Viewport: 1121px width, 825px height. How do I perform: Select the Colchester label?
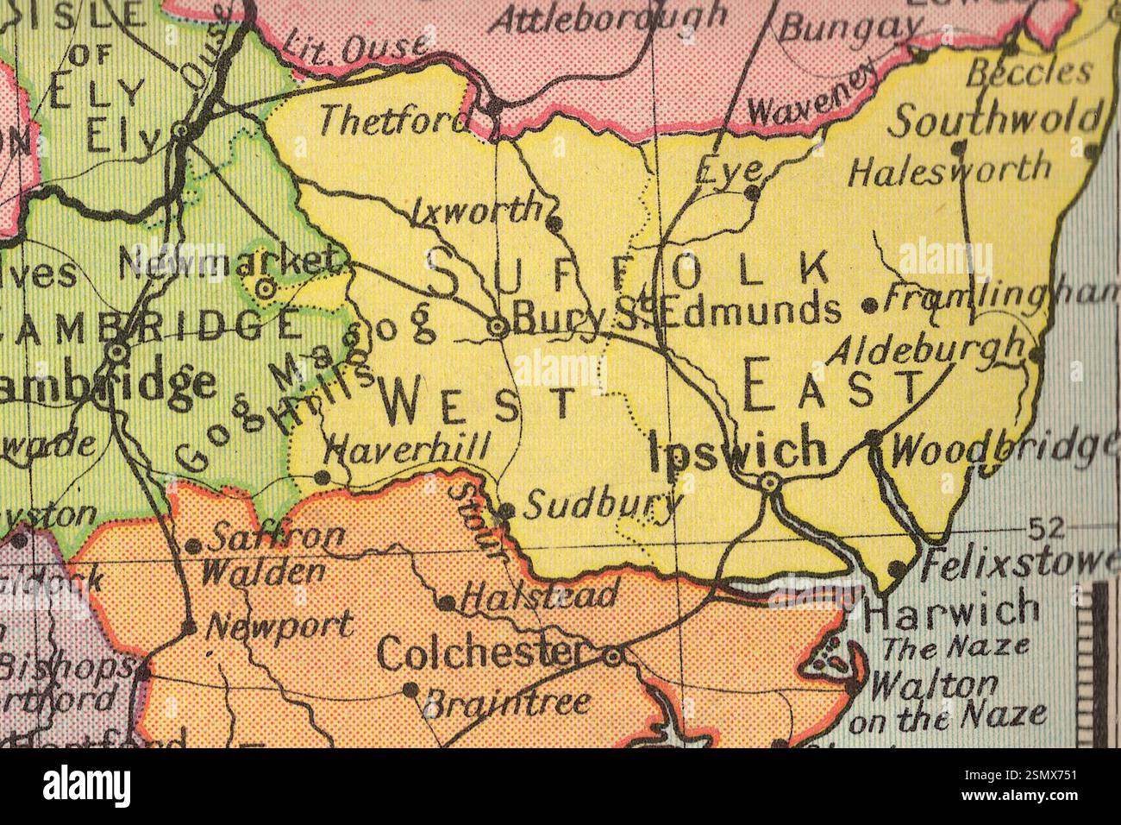point(482,654)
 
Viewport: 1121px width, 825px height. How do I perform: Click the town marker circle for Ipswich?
point(769,485)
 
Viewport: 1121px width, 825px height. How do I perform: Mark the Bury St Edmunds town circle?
point(498,327)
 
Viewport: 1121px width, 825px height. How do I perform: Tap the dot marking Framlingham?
point(870,305)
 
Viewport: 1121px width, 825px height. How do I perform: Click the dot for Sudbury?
point(508,511)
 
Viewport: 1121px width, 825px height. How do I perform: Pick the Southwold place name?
point(996,121)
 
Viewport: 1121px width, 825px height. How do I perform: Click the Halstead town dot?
point(447,602)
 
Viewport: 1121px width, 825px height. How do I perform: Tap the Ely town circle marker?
point(182,130)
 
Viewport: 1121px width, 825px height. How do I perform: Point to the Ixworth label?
point(476,211)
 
